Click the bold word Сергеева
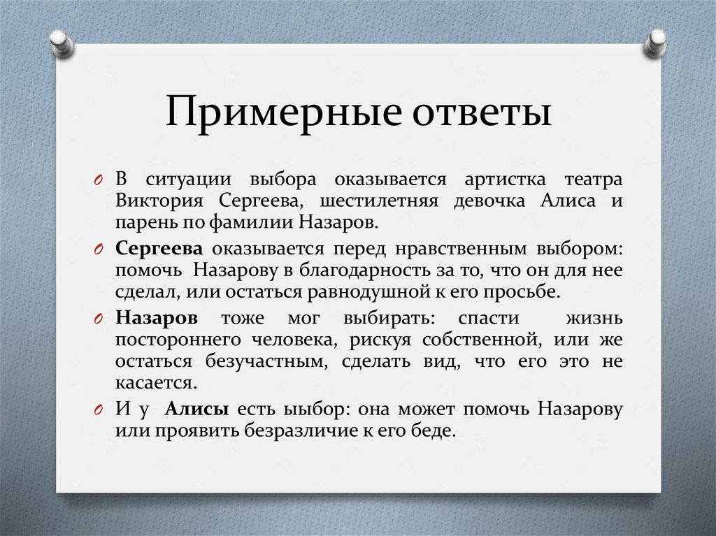[159, 248]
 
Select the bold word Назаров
[157, 317]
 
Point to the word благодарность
[356, 270]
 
